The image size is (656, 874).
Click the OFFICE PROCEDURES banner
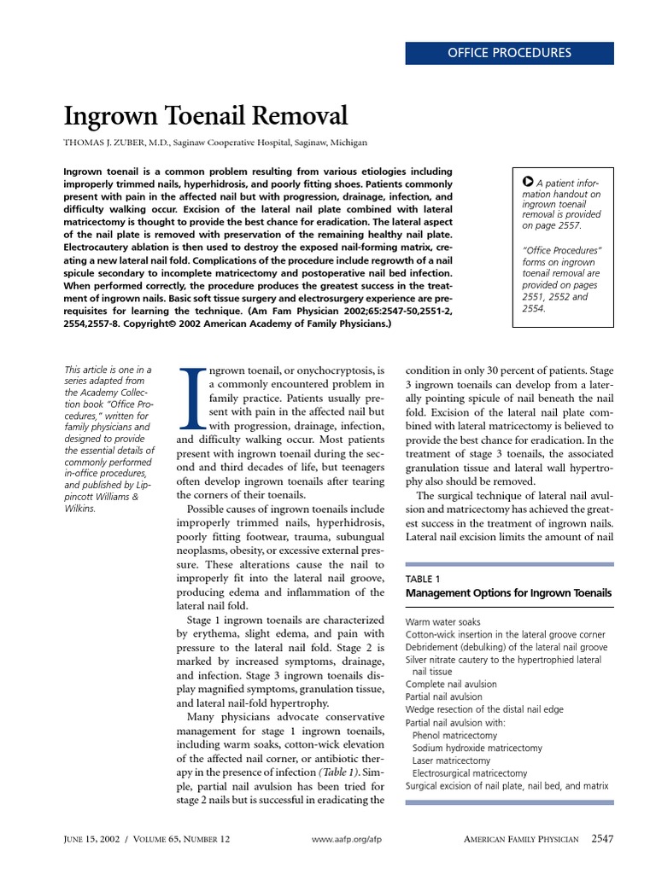coord(509,53)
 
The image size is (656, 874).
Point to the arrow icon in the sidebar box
coord(527,183)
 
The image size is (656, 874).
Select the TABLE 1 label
coord(423,579)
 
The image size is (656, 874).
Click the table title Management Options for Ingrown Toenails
coord(508,592)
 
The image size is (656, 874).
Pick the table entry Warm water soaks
coord(443,622)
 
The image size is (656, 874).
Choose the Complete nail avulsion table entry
coord(451,684)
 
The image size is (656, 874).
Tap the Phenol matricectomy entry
coord(454,735)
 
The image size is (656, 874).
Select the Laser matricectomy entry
coord(451,760)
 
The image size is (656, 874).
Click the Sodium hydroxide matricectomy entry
coord(477,748)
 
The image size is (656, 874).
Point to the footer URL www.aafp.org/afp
coord(347,840)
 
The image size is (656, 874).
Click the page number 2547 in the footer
coord(602,839)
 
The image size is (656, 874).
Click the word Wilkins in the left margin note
coord(80,509)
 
